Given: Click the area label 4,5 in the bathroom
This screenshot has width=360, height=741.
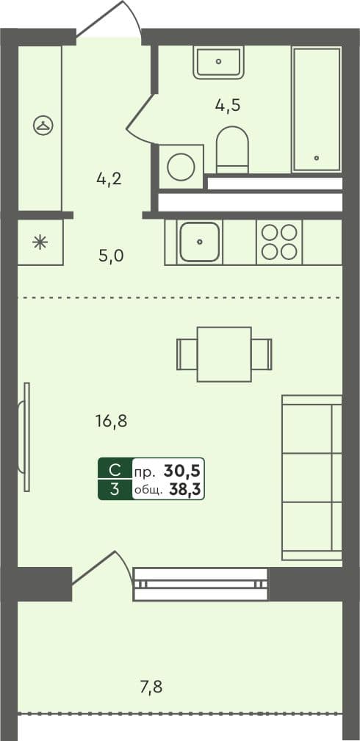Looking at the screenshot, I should [x=228, y=105].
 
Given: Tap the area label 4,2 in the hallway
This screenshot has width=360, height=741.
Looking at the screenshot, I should [x=108, y=178].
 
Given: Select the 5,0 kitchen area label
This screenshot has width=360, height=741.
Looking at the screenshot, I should [x=111, y=256].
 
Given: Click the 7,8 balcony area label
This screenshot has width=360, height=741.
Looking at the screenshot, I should [x=151, y=687].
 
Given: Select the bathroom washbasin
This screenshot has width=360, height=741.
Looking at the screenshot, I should [x=218, y=62].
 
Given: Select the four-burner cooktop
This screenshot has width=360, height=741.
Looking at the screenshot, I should [x=278, y=242].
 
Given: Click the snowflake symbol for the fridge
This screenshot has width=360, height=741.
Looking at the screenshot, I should [x=40, y=242].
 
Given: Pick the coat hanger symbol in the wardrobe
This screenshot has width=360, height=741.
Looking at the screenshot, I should [x=43, y=126].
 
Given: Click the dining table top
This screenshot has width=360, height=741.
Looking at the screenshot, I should [x=224, y=354].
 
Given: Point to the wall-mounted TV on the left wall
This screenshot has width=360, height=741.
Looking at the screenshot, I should [x=27, y=436].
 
